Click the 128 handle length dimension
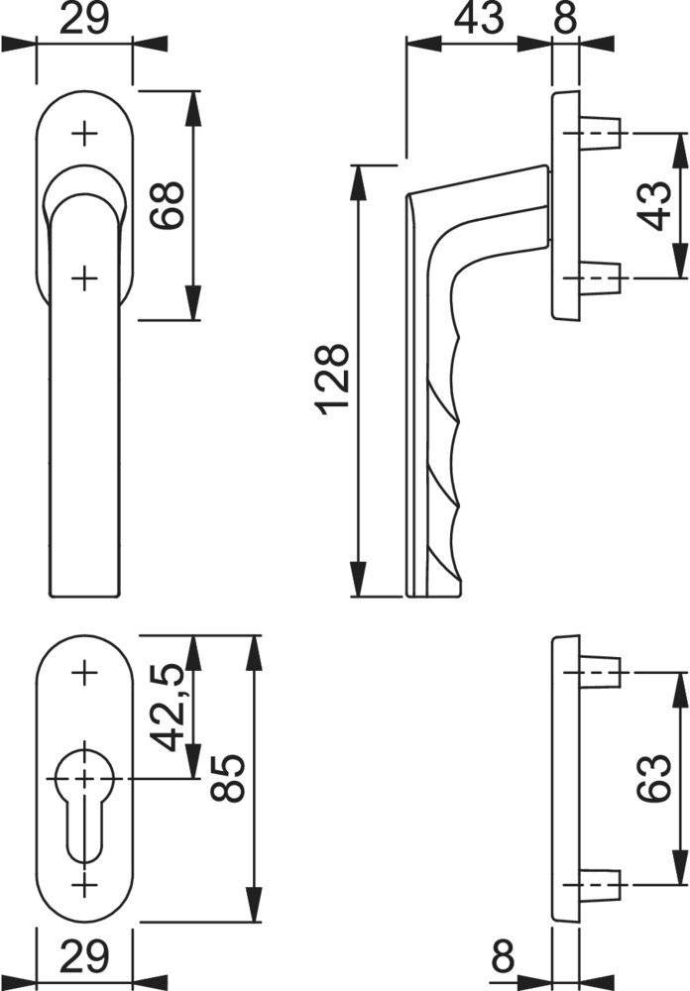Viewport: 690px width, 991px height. [335, 380]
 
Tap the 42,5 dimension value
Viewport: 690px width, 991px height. [169, 708]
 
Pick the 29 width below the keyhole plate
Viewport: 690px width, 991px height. [84, 958]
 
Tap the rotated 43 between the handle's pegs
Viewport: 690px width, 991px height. [654, 206]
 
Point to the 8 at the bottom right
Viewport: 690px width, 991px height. [504, 958]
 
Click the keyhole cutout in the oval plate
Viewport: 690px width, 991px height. [85, 803]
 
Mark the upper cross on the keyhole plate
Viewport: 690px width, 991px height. [85, 674]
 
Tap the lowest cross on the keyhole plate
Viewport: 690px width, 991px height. [85, 882]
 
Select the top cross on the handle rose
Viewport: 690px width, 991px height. [85, 132]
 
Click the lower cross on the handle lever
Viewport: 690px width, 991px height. [85, 276]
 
